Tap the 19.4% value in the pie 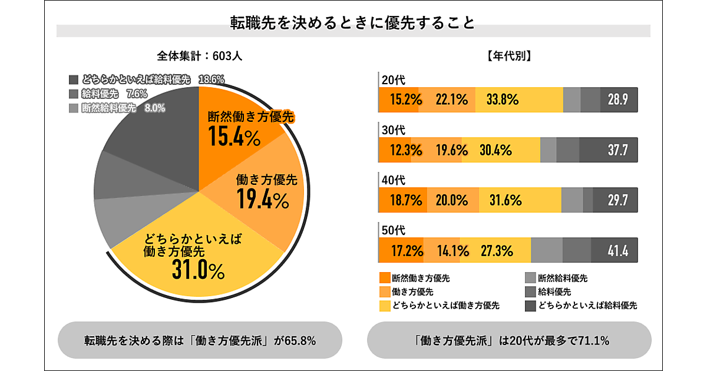tap(262, 200)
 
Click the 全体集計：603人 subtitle tap(200, 57)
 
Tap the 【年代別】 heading tap(510, 57)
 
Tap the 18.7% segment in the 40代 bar tap(403, 201)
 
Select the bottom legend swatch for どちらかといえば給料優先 tap(530, 306)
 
